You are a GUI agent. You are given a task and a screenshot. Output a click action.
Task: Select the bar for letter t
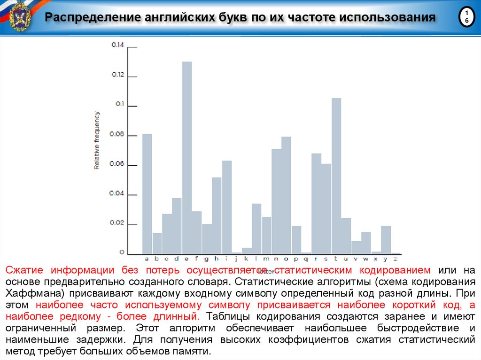point(336,176)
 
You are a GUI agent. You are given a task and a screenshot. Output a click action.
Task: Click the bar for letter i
point(227,207)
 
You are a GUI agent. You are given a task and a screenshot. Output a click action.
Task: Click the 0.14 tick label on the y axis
point(117,45)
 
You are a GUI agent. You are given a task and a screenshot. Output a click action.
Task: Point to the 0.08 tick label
point(117,135)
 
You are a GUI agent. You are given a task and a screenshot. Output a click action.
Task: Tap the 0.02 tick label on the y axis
point(117,223)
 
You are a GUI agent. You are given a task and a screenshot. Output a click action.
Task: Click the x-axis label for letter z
point(396,259)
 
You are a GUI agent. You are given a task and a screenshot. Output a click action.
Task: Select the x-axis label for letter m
point(266,259)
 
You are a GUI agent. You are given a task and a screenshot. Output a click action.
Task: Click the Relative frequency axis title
point(97,140)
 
